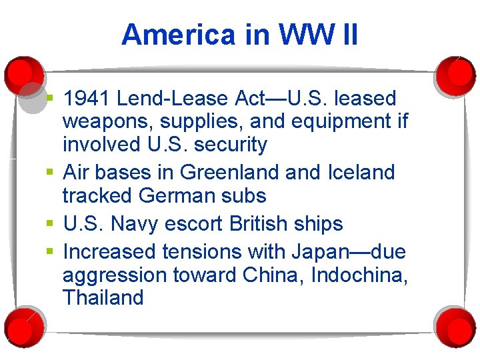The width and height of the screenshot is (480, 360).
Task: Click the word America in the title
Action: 179,35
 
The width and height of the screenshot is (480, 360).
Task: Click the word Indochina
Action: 356,275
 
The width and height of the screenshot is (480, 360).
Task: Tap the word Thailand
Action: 103,297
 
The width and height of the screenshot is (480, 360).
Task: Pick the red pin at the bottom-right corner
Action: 456,326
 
